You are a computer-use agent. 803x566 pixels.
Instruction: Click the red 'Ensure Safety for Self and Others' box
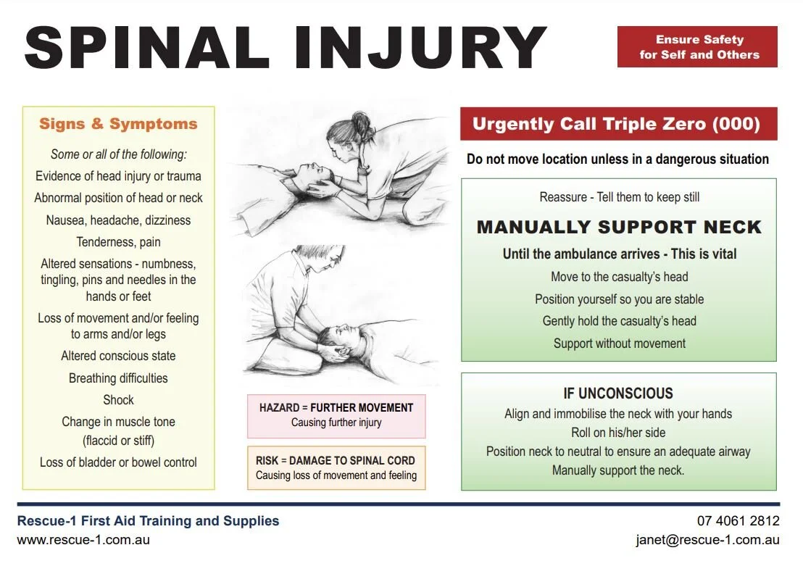tap(697, 47)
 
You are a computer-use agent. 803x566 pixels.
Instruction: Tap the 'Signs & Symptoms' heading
tap(118, 124)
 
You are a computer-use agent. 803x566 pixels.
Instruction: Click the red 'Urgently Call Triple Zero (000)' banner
tap(618, 124)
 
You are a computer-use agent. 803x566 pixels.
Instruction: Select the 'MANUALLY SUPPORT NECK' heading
tap(619, 228)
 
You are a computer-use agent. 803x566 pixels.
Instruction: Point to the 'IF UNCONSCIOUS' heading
tap(618, 394)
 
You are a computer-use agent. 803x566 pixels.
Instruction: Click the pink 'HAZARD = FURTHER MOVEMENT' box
tap(336, 415)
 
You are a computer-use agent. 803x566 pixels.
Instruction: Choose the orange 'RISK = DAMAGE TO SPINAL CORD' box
tap(336, 467)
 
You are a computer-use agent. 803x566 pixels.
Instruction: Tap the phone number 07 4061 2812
tap(738, 521)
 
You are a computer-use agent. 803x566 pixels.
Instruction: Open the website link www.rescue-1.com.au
tap(83, 540)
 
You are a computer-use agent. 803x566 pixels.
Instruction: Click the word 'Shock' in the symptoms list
tap(118, 400)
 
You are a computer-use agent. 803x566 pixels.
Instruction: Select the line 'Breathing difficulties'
tap(118, 378)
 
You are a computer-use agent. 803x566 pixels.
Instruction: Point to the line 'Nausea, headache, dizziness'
tap(118, 220)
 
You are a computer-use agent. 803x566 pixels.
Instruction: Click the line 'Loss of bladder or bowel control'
tap(118, 462)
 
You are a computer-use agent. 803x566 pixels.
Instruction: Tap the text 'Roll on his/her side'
tap(618, 433)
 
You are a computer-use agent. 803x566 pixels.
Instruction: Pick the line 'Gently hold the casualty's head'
tap(619, 321)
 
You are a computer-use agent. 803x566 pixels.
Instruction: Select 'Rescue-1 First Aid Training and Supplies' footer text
tap(148, 521)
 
